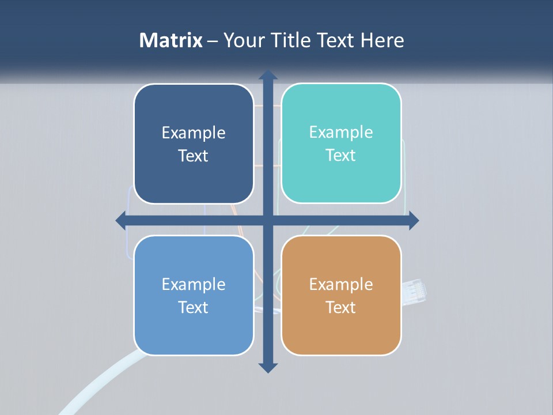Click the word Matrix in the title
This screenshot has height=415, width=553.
(x=171, y=40)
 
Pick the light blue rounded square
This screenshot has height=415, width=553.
(x=194, y=334)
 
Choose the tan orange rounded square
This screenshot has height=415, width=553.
(x=341, y=334)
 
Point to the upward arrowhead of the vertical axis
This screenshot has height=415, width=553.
(x=268, y=75)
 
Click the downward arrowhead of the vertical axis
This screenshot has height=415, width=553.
(x=268, y=367)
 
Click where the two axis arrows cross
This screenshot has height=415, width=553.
(x=268, y=220)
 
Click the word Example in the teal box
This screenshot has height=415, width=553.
(x=341, y=133)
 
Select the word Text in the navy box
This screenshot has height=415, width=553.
(x=194, y=156)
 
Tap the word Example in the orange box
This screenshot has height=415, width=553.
(x=341, y=284)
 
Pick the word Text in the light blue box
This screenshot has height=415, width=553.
(x=194, y=307)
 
